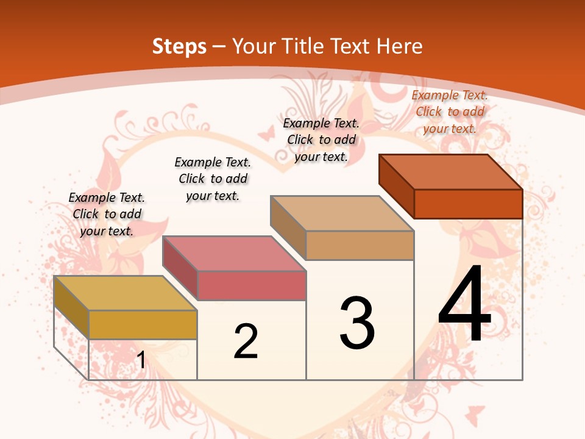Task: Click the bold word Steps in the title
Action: click(179, 46)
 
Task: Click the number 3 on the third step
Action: click(357, 323)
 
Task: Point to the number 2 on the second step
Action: click(246, 341)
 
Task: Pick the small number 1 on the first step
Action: click(141, 360)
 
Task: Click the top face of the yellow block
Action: click(126, 293)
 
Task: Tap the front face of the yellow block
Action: click(143, 324)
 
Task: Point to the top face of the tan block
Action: click(342, 213)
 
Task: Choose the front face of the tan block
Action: click(360, 245)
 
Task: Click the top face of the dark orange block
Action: click(451, 172)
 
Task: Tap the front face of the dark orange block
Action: click(468, 204)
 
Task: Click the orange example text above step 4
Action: click(450, 112)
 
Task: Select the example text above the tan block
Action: click(322, 140)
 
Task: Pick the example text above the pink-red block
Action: click(213, 179)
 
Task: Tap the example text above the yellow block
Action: click(107, 214)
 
